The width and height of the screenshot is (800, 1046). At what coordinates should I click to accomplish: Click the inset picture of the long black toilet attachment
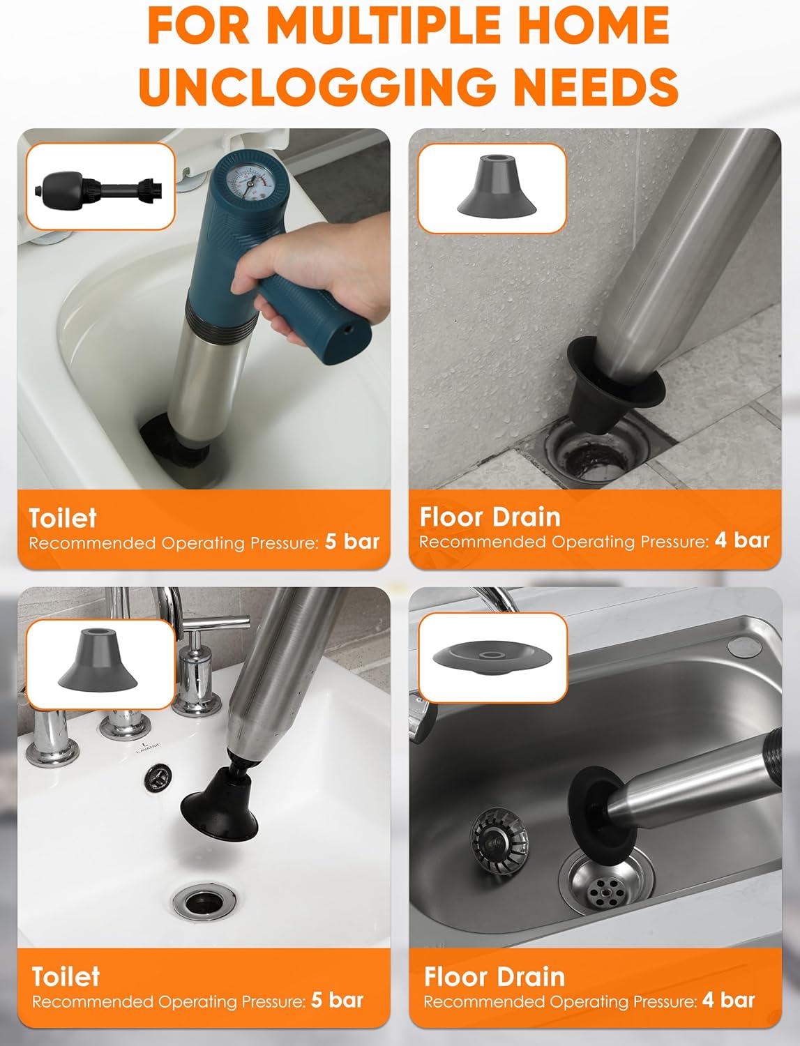[x=100, y=187]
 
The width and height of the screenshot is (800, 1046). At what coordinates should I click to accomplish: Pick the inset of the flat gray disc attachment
[x=493, y=658]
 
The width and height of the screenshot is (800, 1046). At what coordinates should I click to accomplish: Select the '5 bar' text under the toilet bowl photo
[x=352, y=542]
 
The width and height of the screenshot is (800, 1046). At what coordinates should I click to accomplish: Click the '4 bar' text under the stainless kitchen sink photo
[x=729, y=1000]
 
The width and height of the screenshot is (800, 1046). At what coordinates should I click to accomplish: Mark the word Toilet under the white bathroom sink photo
[x=66, y=976]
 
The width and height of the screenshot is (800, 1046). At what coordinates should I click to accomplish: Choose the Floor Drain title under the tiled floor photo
[x=490, y=517]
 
